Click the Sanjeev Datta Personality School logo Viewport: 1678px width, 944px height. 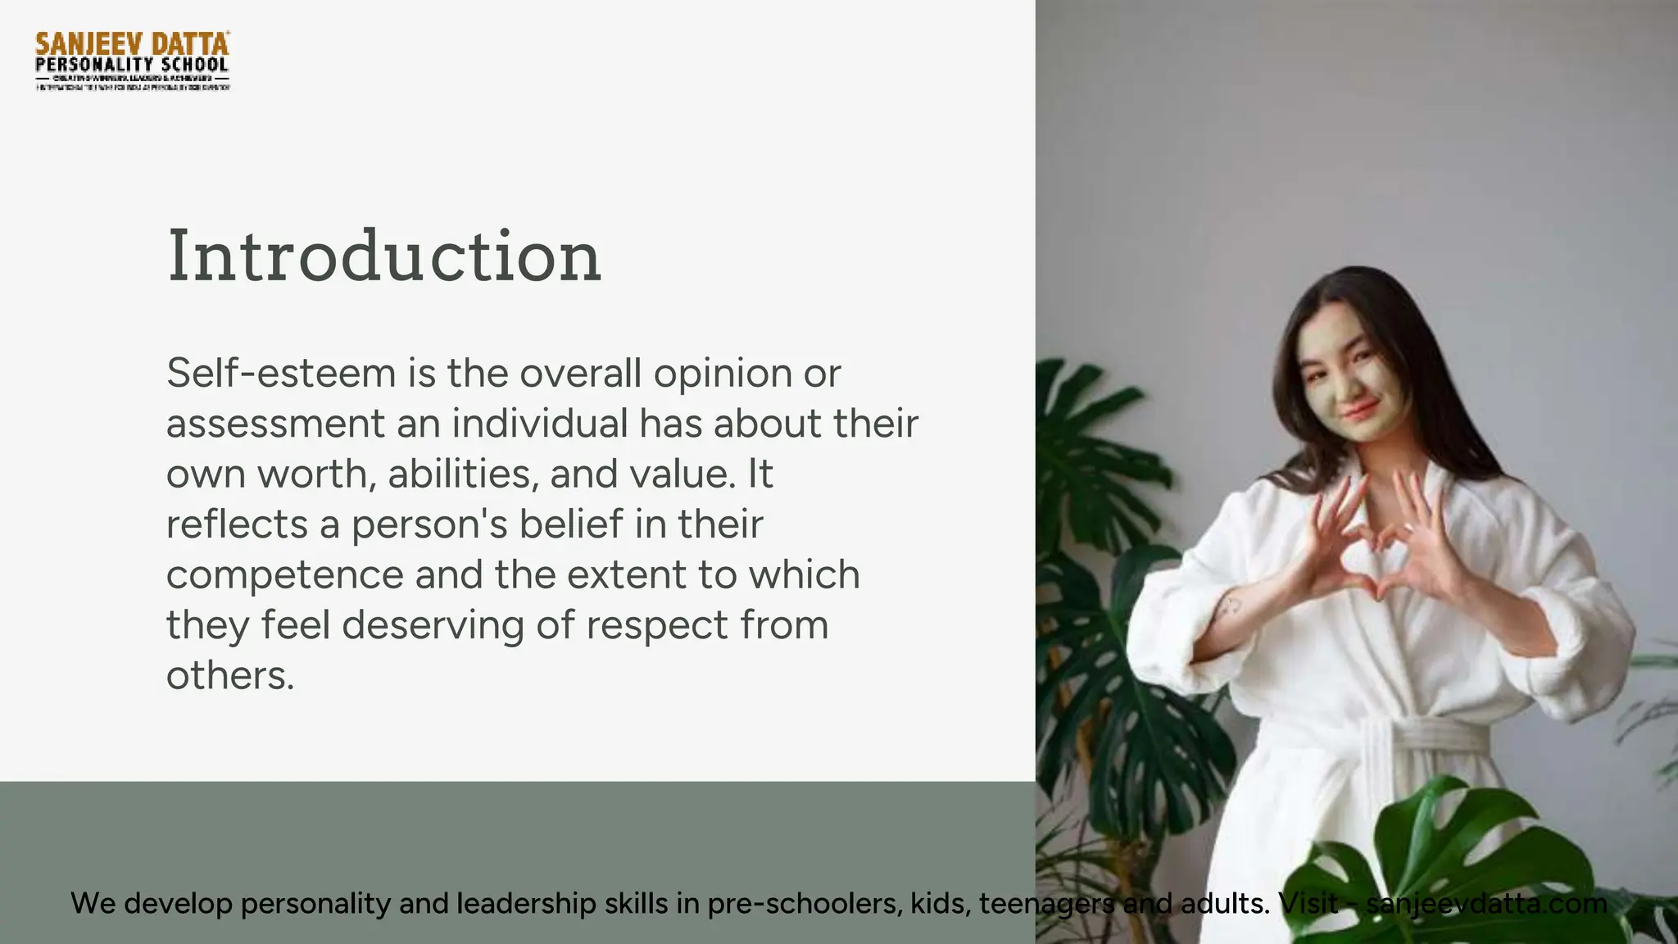[x=132, y=61]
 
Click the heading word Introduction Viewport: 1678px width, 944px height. [x=384, y=257]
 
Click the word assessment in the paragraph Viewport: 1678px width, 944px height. [x=275, y=424]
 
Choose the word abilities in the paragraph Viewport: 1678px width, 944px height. [x=462, y=474]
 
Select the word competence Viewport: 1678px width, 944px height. [x=284, y=576]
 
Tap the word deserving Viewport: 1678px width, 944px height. [x=432, y=626]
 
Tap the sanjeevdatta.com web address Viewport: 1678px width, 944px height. [x=1486, y=903]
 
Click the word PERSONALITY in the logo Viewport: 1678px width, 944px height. [x=94, y=65]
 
